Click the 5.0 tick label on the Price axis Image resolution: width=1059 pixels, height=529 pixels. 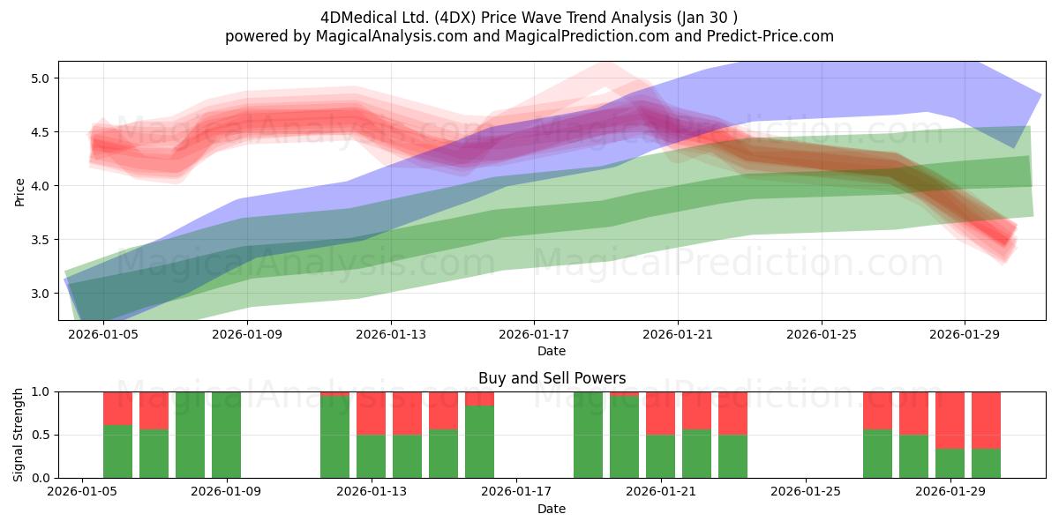(40, 78)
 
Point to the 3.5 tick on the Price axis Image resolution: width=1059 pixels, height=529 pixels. (40, 240)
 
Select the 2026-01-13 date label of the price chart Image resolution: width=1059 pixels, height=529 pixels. (390, 334)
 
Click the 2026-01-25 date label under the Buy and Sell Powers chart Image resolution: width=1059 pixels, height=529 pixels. (806, 492)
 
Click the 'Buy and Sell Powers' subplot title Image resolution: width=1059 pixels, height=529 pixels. (552, 378)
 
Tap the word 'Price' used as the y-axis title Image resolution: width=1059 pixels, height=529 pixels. (19, 192)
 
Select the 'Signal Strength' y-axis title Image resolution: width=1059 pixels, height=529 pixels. (18, 435)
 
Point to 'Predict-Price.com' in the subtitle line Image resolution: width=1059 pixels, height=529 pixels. (770, 36)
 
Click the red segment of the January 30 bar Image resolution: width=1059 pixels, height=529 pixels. (986, 421)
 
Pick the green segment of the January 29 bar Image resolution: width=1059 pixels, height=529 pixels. (950, 464)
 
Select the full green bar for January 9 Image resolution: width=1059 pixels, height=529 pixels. (226, 435)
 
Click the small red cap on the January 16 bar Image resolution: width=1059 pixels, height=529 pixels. (479, 399)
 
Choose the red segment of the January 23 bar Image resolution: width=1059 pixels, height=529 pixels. (732, 414)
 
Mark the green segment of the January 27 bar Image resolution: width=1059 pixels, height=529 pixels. (877, 454)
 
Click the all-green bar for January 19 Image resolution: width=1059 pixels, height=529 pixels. (588, 435)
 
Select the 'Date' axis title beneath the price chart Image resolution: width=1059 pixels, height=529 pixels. (552, 351)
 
